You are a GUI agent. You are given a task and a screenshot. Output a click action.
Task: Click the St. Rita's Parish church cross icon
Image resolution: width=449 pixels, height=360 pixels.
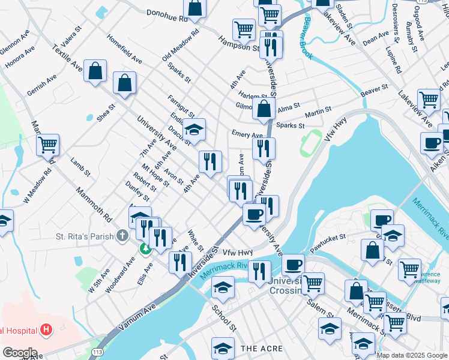click(x=122, y=236)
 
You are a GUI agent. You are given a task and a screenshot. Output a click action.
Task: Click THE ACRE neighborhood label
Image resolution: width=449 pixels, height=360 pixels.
click(x=257, y=348)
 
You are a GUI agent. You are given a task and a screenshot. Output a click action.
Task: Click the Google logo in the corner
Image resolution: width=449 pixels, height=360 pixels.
click(x=20, y=353)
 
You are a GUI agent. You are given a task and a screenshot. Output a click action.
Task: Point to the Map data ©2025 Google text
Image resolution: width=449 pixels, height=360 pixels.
click(x=412, y=355)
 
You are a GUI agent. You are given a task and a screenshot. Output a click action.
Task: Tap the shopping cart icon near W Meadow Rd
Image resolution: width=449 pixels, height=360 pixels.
click(x=47, y=145)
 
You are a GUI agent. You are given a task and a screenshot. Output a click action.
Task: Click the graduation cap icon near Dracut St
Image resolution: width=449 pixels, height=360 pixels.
click(x=194, y=128)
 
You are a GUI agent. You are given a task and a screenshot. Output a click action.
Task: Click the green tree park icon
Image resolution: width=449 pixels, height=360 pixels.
click(x=145, y=248)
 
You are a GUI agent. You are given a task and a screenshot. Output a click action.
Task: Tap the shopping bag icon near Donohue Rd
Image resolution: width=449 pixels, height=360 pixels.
click(x=195, y=8)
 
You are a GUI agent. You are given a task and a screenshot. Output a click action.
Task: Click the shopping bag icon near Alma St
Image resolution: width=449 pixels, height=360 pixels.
click(x=264, y=109)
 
